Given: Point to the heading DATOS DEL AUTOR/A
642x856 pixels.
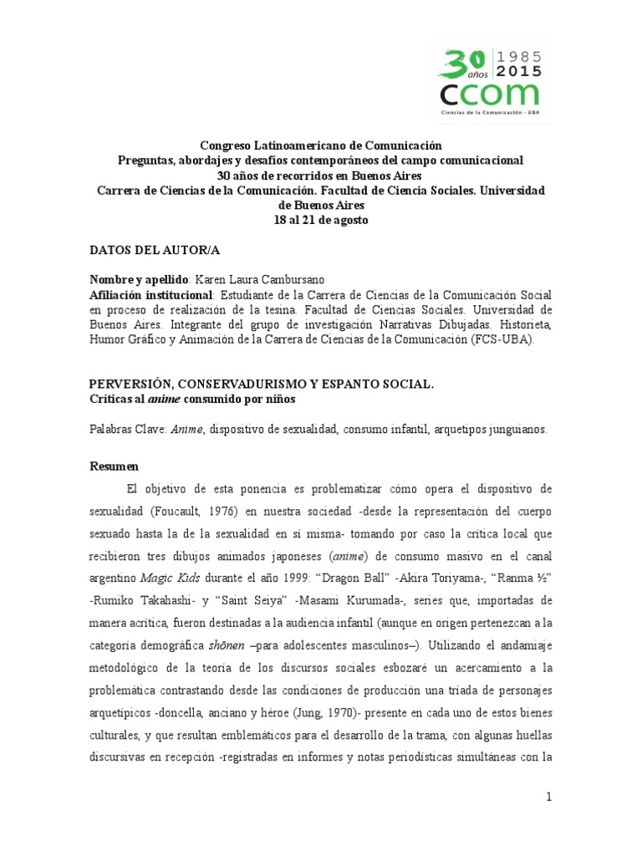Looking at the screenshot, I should tap(155, 249).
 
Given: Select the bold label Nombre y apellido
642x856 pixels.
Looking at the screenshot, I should tap(140, 279).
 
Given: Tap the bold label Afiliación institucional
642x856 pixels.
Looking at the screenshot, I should tap(151, 295).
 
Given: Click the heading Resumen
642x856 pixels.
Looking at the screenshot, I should tap(115, 465).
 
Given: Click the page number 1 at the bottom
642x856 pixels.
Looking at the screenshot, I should tap(549, 797).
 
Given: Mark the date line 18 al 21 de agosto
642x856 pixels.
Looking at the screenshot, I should tap(321, 220).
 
